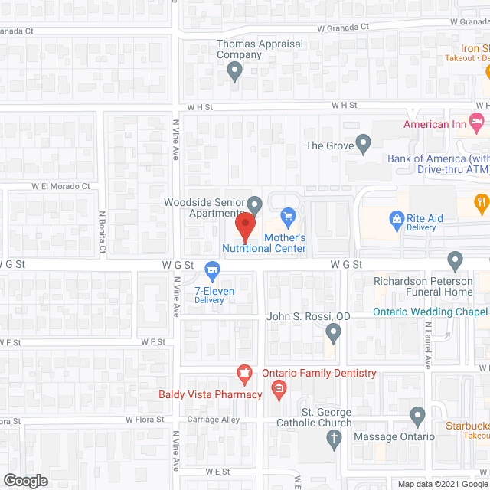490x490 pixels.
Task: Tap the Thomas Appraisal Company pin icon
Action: tap(235, 72)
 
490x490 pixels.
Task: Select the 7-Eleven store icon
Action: tap(214, 269)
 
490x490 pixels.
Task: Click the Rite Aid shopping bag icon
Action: tap(397, 219)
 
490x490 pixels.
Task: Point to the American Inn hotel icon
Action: tap(477, 120)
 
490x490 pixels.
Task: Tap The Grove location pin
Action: tap(364, 142)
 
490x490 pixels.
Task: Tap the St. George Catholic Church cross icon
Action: tap(333, 439)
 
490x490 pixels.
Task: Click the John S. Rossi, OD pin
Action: tap(333, 332)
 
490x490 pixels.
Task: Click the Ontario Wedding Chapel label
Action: tap(430, 312)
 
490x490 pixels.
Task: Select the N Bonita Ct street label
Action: tap(101, 233)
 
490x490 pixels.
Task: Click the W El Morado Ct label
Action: tap(60, 186)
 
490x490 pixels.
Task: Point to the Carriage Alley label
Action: tap(214, 420)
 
